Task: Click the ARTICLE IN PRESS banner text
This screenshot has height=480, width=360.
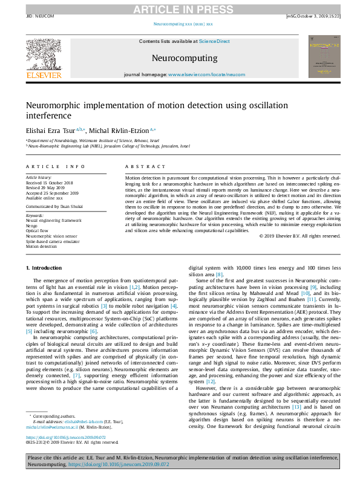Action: [x=180, y=8]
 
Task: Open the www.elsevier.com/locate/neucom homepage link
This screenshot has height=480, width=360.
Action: [x=206, y=74]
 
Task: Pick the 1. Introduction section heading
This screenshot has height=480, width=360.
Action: [x=44, y=268]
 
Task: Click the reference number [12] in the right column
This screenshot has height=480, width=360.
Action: [x=211, y=382]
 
